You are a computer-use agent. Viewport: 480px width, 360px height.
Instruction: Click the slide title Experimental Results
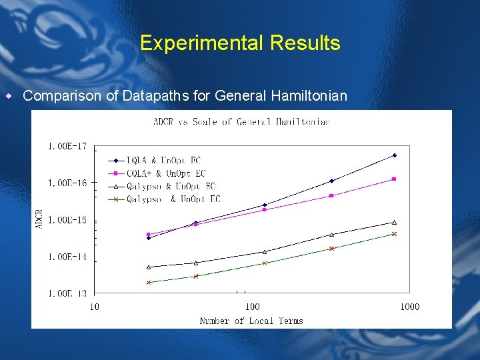point(240,43)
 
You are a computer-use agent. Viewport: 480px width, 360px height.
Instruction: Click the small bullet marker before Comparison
point(9,96)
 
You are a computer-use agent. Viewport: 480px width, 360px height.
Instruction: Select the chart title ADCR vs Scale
point(241,121)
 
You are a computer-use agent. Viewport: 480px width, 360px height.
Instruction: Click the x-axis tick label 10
point(94,307)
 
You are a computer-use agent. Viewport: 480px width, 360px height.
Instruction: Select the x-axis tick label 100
point(252,307)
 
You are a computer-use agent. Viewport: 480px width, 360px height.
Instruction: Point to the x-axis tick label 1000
point(409,307)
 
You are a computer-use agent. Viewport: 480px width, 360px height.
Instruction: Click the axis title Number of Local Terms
point(251,321)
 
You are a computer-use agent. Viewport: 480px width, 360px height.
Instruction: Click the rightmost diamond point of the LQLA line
point(395,155)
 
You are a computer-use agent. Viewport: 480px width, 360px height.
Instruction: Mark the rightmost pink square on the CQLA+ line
point(395,179)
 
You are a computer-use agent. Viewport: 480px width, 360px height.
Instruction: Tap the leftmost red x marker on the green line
point(149,282)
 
